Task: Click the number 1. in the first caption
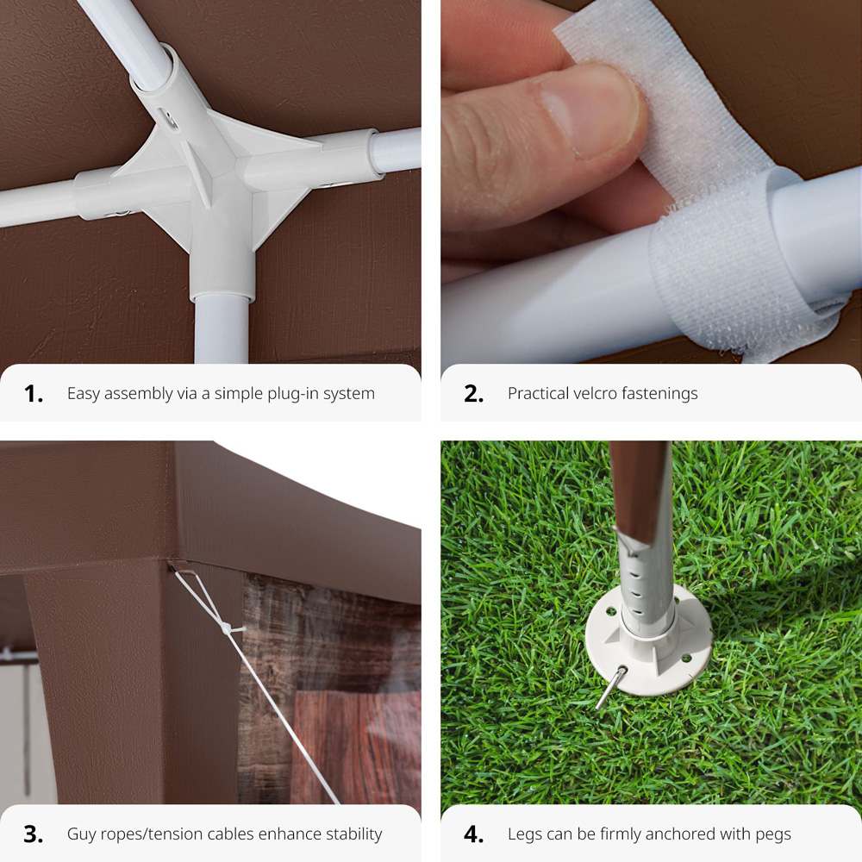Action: click(33, 394)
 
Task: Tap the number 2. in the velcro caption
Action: click(473, 394)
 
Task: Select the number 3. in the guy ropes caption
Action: click(33, 834)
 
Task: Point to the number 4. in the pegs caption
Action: click(473, 834)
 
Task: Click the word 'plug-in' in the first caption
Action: click(291, 394)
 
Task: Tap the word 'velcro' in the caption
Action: click(597, 393)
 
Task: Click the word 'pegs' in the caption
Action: click(773, 835)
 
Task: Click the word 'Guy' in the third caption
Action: click(80, 835)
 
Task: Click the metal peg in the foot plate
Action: click(611, 687)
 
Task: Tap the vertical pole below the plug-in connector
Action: click(222, 330)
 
